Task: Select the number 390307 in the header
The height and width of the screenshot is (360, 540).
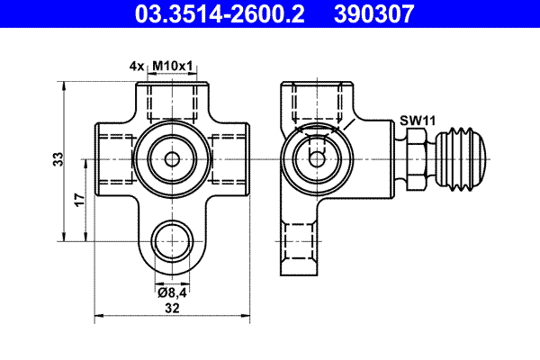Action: pos(377,14)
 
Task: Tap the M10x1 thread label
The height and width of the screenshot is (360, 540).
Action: pos(175,67)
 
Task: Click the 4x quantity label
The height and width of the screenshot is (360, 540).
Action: pos(137,67)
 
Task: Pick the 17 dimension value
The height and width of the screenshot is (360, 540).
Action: pos(79,199)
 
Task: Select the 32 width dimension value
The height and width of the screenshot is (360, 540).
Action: pos(173,308)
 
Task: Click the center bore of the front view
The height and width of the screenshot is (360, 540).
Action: pos(172,159)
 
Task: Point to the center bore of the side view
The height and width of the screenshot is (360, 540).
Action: pos(314,159)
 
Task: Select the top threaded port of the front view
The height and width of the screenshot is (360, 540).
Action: pos(173,103)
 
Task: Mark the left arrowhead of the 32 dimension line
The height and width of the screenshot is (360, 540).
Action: pos(98,316)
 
